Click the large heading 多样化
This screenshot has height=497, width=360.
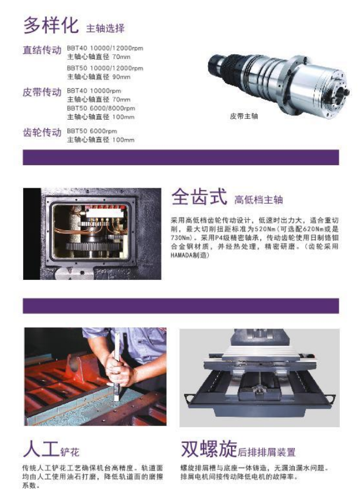pos(51,25)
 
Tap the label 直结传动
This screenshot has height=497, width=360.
pos(42,50)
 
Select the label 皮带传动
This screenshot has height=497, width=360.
pos(42,92)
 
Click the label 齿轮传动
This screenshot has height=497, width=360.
pos(42,132)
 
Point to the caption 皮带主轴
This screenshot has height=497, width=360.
pos(244,116)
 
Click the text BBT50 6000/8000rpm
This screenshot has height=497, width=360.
pos(101,108)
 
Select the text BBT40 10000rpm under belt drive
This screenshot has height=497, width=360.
pos(94,91)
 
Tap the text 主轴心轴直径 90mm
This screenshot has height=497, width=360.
pos(99,77)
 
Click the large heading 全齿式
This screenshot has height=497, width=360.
pos(200,196)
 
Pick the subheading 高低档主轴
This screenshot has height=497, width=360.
pos(258,200)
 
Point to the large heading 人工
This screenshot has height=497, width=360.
pos(41,449)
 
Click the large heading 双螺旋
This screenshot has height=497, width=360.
pos(209,449)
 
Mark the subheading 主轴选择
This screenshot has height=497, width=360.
pos(105,28)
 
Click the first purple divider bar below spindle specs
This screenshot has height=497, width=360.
pos(181,158)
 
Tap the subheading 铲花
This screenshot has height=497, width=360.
pos(70,451)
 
